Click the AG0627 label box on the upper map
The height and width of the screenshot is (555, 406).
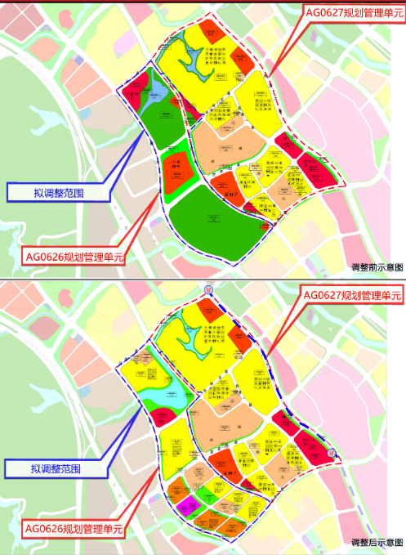coord(353,12)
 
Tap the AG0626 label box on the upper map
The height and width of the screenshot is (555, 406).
coord(74,257)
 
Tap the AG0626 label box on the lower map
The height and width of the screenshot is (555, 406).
coord(74,530)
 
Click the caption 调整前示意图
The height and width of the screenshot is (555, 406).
coord(377,267)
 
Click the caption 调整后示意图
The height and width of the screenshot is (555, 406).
coord(377,543)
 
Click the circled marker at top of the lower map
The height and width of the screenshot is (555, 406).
coord(209,289)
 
